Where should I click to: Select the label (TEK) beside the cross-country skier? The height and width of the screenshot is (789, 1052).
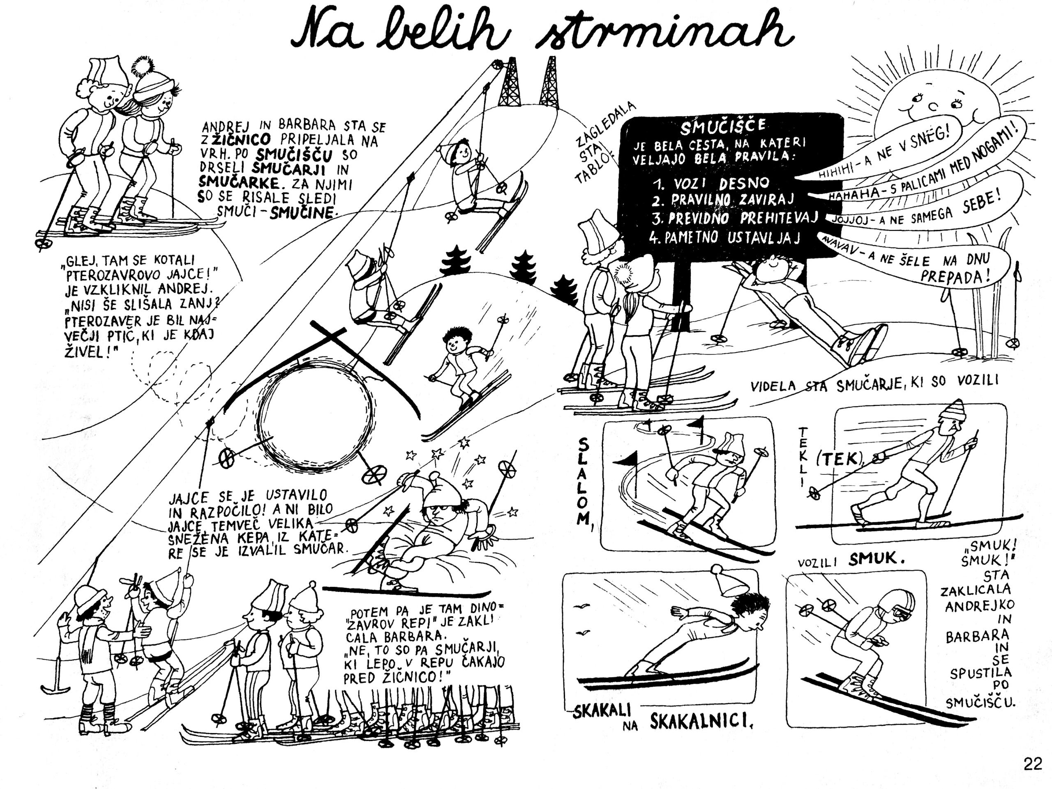840,459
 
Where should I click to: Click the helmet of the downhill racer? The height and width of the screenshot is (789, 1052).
895,606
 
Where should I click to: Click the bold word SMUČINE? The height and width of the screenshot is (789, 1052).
302,212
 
